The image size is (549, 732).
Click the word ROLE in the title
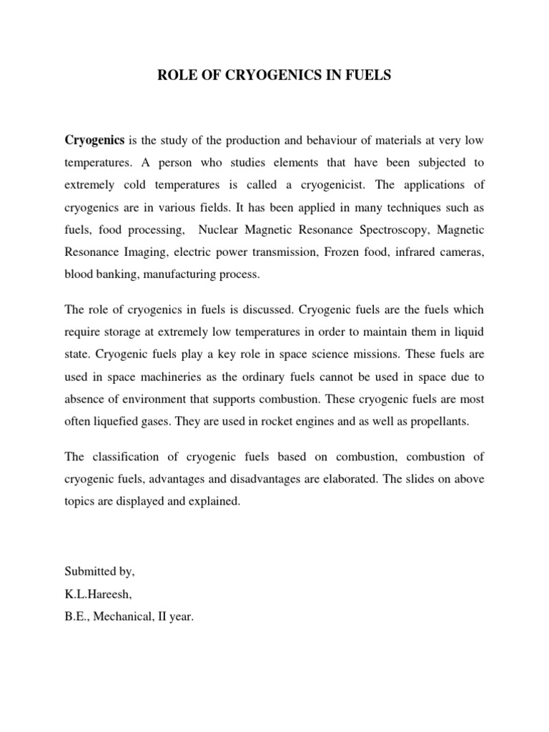176,75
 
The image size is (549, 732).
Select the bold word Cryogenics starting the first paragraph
95,139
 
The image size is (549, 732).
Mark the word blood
78,274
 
